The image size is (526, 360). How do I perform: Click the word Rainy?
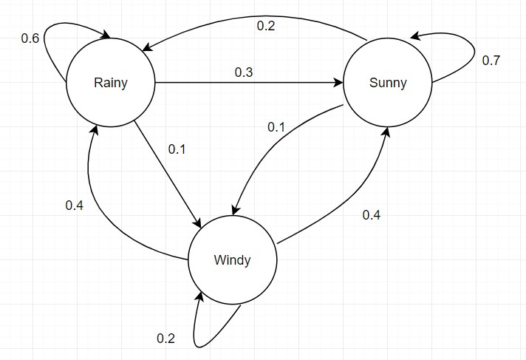[x=111, y=83]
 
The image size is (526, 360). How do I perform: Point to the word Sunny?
[x=388, y=83]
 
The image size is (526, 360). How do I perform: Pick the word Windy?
[x=232, y=260]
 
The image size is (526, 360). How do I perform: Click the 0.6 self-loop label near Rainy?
[x=30, y=38]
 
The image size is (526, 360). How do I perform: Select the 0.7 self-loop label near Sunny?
[x=491, y=61]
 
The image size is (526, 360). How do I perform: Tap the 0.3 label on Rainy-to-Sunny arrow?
[x=244, y=72]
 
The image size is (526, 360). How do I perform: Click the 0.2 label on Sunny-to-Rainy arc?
[x=266, y=26]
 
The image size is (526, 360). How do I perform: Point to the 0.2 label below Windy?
[x=165, y=338]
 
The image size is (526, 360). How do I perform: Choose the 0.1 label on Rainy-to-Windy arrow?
[x=177, y=149]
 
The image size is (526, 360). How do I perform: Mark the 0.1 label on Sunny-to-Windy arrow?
[x=276, y=127]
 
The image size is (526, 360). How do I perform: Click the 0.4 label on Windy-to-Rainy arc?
[x=75, y=206]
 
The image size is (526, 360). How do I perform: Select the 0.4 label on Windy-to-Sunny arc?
[x=372, y=214]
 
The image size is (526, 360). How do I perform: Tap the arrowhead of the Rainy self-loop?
[x=106, y=35]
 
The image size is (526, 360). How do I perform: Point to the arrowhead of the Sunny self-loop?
[x=415, y=35]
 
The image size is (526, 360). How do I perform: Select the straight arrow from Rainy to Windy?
[x=168, y=174]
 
